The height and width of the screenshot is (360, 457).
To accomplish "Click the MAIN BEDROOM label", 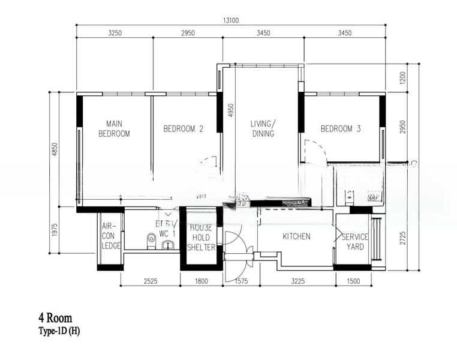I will pos(114,128).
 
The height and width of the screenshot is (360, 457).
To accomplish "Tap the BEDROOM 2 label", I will pos(184,128).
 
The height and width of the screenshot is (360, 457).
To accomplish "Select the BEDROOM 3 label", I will pos(341,128).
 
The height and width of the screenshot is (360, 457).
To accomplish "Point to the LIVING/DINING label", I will pos(263,128).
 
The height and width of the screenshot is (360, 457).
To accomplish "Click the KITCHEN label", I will pos(296,236).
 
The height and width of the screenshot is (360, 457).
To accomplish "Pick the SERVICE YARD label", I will pos(355,241).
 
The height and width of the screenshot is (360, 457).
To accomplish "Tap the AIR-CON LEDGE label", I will pos(111,236).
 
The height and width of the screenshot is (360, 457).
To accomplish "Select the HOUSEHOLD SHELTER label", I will pos(202,238).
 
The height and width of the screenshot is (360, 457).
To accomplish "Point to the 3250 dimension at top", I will pos(115,33).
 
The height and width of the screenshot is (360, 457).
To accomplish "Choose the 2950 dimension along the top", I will pos(188,33).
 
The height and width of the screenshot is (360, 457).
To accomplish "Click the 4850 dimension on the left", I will pos(55,150).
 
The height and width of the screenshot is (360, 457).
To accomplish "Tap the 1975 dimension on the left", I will pos(55,230).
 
